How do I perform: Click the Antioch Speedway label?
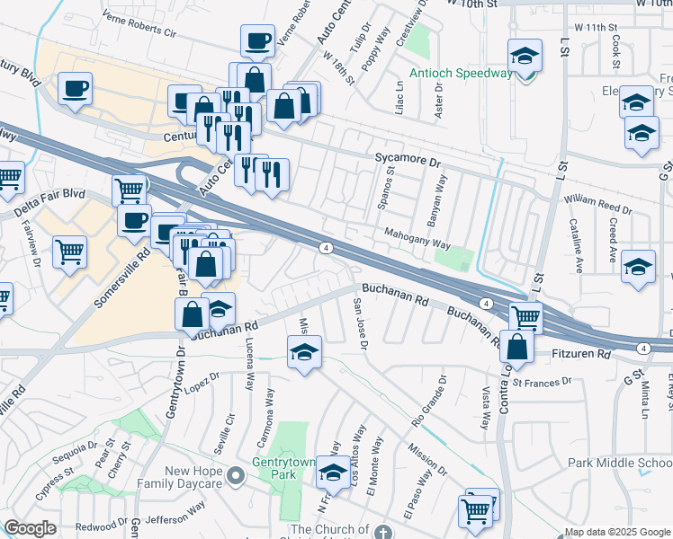point(460,73)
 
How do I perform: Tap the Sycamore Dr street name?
point(408,163)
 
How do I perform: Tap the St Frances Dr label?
point(542,382)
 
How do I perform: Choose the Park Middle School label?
point(620,463)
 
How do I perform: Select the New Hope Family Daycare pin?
point(237,475)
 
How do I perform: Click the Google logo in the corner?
point(30,528)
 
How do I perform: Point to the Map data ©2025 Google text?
point(616,532)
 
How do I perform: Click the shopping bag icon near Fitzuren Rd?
point(517,345)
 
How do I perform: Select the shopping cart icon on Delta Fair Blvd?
point(130,190)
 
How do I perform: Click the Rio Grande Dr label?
point(430,401)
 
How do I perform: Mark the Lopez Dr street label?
point(202,382)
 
